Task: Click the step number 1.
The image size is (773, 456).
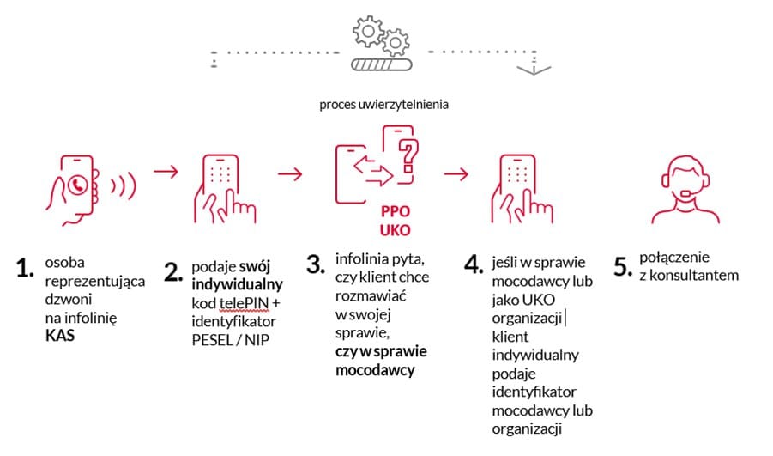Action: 25,268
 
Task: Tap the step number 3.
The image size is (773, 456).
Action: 316,264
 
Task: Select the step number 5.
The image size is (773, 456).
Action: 623,266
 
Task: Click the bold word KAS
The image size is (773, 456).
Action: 60,336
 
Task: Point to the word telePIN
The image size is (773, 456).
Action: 244,302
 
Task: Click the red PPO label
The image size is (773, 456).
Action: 396,211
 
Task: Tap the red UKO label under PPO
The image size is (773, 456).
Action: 396,230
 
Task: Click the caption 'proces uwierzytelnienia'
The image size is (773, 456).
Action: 383,105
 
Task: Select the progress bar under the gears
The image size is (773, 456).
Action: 381,64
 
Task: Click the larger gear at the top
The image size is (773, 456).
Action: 368,32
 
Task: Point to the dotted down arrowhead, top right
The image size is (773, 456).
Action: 534,70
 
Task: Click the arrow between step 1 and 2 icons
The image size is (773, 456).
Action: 166,171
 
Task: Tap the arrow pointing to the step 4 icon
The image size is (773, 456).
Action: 456,173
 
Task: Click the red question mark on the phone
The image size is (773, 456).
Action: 408,155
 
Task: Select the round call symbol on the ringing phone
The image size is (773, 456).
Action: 77,185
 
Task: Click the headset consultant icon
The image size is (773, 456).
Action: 685,190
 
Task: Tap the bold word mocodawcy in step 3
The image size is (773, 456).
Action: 375,370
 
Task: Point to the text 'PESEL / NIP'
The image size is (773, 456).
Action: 230,340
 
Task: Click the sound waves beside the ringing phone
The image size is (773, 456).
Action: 124,185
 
